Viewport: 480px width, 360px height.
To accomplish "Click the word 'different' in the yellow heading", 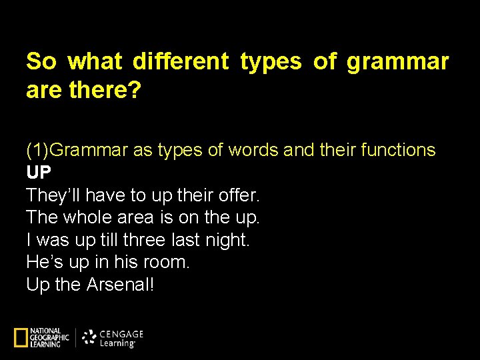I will [180, 62].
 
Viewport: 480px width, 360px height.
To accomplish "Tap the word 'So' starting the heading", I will [41, 62].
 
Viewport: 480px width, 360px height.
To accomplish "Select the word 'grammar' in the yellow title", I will [397, 62].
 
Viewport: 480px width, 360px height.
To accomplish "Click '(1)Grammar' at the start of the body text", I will [77, 151].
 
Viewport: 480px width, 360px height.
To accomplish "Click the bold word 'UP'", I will [39, 173].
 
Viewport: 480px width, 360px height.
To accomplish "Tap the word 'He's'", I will [45, 262].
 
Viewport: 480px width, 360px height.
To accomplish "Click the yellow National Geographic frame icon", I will [21, 338].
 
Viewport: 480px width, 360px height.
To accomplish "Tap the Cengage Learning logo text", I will [121, 338].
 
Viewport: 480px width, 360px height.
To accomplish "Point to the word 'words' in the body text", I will [254, 151].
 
